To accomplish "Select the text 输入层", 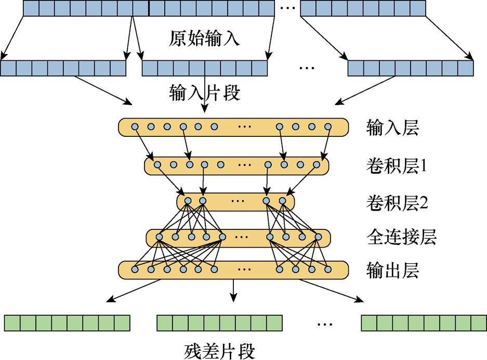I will click(x=392, y=127).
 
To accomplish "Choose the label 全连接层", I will click(x=401, y=237).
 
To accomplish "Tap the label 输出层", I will click(x=392, y=271).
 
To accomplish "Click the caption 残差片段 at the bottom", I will click(x=220, y=351).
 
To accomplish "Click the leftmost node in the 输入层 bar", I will click(x=135, y=127).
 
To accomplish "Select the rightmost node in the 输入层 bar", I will click(x=328, y=127).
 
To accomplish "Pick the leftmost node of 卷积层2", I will click(x=188, y=201).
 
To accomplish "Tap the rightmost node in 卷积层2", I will click(x=282, y=201).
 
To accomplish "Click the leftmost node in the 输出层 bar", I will click(x=135, y=269).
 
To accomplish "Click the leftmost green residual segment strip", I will click(x=67, y=323).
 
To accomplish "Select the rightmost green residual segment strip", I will click(x=424, y=323).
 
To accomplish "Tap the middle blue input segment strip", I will click(x=204, y=68).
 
